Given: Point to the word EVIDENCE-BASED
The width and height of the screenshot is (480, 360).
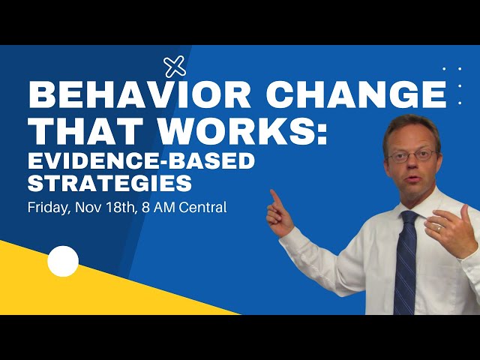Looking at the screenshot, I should point(141,160).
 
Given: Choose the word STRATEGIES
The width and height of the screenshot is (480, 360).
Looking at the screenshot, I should point(109,182).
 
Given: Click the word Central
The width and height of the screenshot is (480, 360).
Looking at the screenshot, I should point(203,206).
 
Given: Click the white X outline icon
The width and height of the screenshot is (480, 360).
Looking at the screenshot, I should point(175,67).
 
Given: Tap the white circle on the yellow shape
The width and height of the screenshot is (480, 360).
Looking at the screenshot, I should point(63,261).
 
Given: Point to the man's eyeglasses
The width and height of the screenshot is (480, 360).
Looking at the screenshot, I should point(412,156).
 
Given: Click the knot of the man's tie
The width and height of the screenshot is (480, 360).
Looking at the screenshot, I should point(409,220).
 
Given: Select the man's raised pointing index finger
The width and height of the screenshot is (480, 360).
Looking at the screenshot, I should point(275,197).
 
